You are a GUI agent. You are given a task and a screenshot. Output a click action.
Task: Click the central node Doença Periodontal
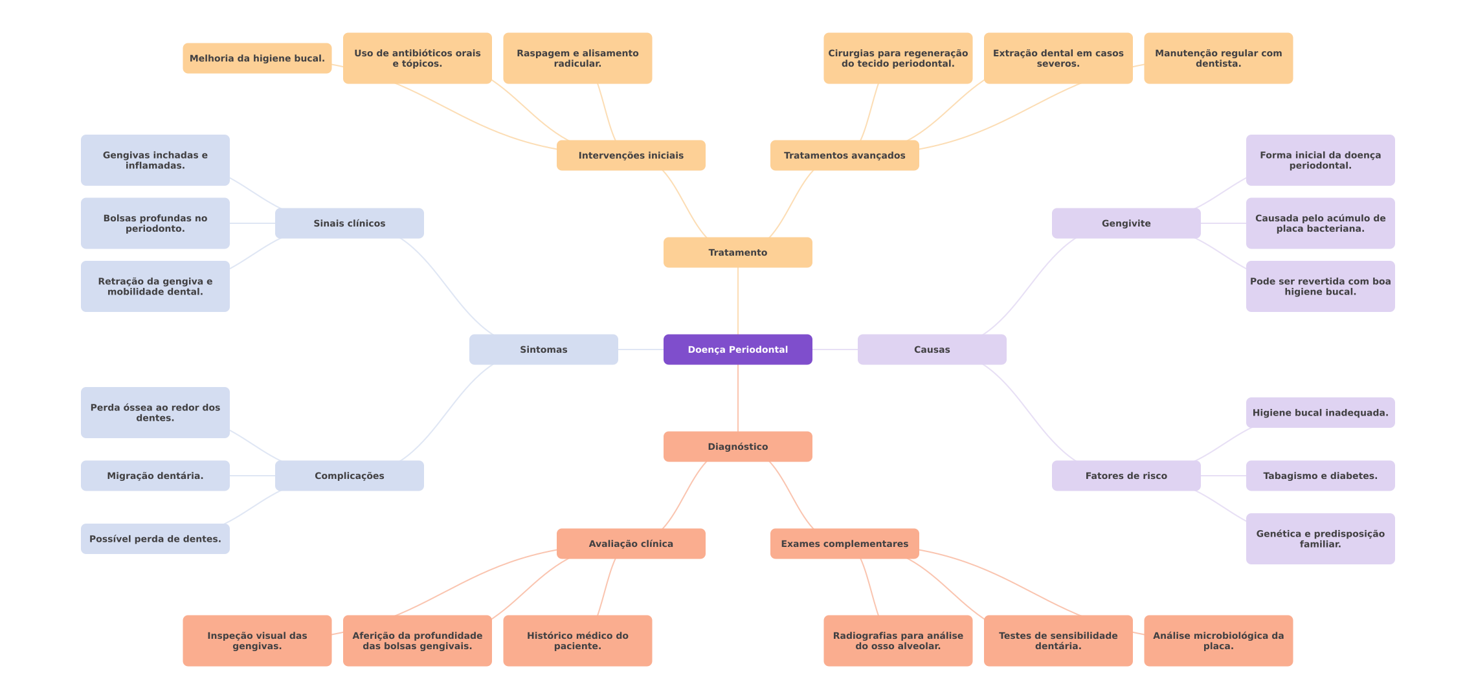click(x=737, y=349)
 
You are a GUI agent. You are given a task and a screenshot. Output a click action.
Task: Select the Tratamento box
click(x=737, y=252)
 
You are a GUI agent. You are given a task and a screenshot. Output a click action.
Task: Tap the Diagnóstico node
click(x=737, y=447)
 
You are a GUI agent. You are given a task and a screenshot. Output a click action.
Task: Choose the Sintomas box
click(x=543, y=349)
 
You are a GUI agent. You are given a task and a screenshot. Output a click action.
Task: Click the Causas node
click(x=932, y=349)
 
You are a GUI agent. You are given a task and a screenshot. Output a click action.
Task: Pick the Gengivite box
click(x=1126, y=223)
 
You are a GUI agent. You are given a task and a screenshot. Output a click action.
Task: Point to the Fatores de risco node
click(x=1126, y=476)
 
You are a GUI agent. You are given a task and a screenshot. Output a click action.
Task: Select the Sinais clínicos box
click(x=349, y=223)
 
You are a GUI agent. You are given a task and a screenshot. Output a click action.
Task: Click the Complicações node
click(x=349, y=476)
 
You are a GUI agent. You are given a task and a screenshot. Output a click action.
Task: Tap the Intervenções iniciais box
click(x=631, y=155)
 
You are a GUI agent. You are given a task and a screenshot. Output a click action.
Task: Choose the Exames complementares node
click(x=844, y=544)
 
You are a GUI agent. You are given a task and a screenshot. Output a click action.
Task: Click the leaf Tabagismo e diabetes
click(x=1320, y=476)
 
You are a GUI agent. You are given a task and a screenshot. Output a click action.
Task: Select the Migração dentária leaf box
click(x=155, y=476)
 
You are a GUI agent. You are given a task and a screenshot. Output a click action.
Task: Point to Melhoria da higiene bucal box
click(x=257, y=58)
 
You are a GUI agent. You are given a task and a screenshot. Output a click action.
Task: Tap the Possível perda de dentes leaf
click(x=155, y=538)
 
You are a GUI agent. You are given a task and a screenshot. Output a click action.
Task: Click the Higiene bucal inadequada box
click(x=1320, y=412)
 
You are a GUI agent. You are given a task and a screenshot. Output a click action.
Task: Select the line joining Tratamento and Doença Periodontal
click(x=738, y=301)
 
